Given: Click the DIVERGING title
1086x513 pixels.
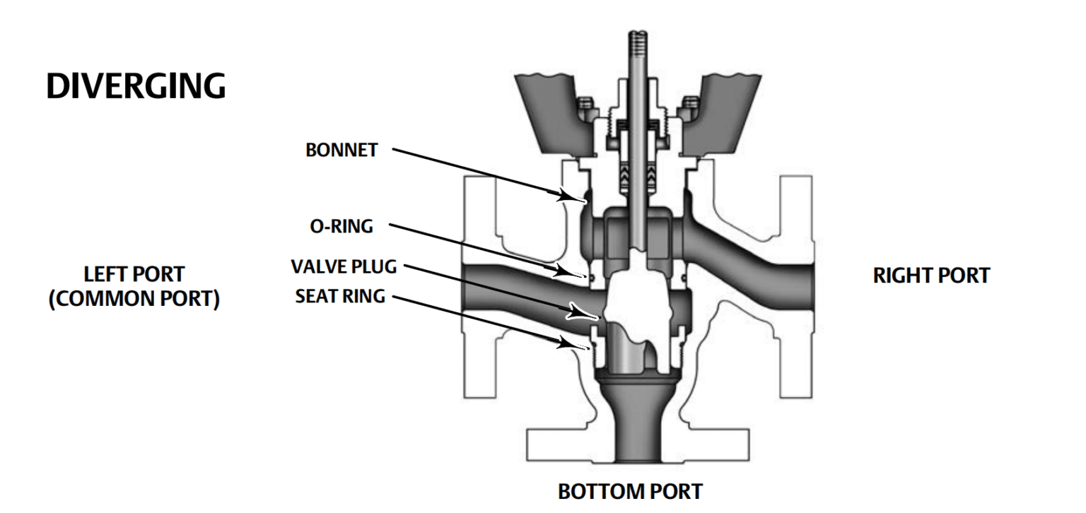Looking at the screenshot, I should click(136, 86).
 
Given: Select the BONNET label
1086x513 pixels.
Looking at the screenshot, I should click(341, 150).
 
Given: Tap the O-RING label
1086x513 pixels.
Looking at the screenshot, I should click(341, 227).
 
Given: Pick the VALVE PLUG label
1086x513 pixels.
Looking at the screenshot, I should click(344, 266).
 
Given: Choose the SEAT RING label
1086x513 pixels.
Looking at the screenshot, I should click(340, 296).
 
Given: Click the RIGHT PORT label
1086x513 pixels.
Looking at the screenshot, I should click(931, 275).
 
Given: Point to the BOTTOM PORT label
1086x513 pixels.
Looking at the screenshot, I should click(630, 490).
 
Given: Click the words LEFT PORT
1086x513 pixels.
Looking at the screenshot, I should click(134, 273).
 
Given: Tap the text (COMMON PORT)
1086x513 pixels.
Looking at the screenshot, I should click(134, 299).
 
